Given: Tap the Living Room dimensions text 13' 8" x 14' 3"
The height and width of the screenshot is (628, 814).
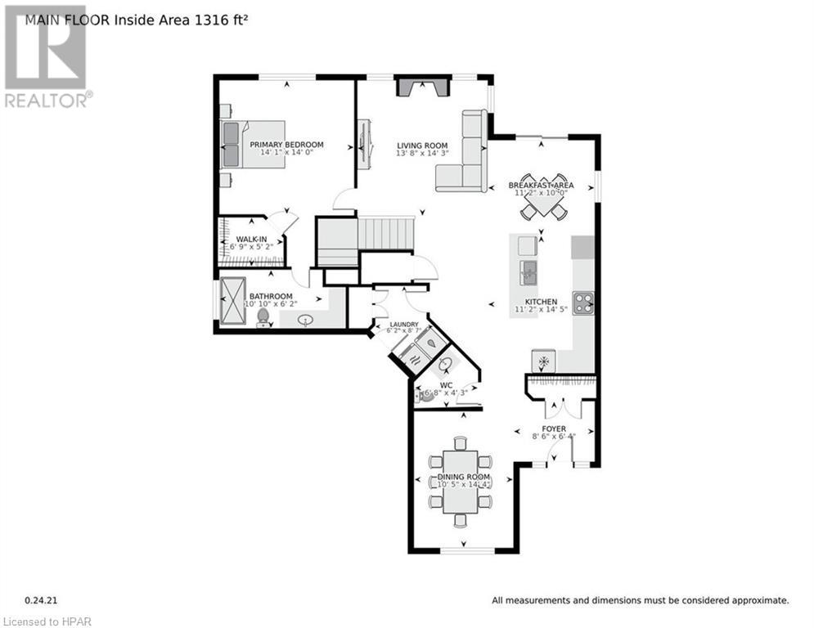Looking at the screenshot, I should pos(422,153).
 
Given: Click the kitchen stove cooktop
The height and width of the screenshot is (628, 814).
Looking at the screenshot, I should pos(582,303).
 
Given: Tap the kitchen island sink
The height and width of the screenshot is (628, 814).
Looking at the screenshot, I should pos(528,270).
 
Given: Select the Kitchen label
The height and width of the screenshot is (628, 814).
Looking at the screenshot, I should pos(541,302).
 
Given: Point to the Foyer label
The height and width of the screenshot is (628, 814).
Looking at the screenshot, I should pos(555,428).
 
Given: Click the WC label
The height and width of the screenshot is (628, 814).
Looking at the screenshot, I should pos(445,384).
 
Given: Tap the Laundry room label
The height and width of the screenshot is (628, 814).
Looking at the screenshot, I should pos(404,325).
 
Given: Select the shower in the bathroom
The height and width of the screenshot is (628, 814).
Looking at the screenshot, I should pos(232,303).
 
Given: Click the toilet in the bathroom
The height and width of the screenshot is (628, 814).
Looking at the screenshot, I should pos(263,316).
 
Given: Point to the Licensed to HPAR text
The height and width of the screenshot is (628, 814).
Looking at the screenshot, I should pos(47,621).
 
